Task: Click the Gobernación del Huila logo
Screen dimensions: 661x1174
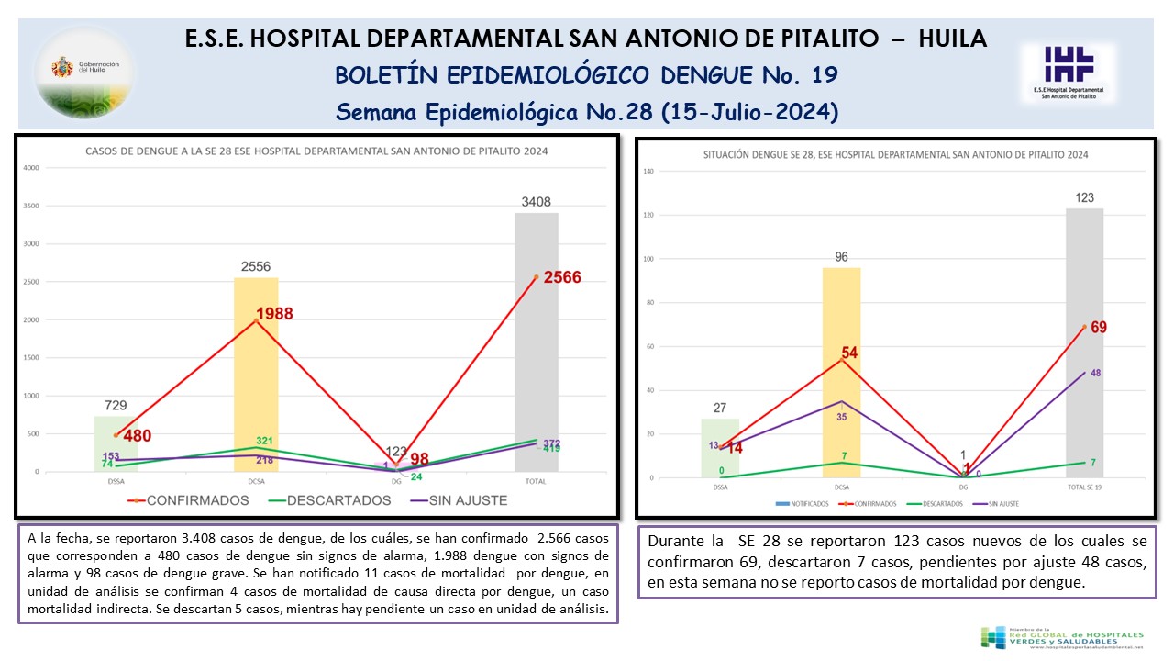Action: click(x=83, y=71)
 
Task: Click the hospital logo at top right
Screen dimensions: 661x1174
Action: click(x=1069, y=71)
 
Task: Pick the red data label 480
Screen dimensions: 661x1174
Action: click(x=138, y=437)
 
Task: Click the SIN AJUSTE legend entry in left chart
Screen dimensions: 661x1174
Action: click(x=458, y=500)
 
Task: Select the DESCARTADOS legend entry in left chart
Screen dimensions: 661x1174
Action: click(x=331, y=500)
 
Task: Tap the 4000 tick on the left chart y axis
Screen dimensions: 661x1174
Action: click(x=31, y=168)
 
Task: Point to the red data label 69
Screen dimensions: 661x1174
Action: click(x=1099, y=327)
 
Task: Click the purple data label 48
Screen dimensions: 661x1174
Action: click(x=1095, y=373)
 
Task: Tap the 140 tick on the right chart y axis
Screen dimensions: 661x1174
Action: click(x=648, y=172)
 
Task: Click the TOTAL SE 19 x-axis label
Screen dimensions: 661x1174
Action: click(x=1084, y=488)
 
